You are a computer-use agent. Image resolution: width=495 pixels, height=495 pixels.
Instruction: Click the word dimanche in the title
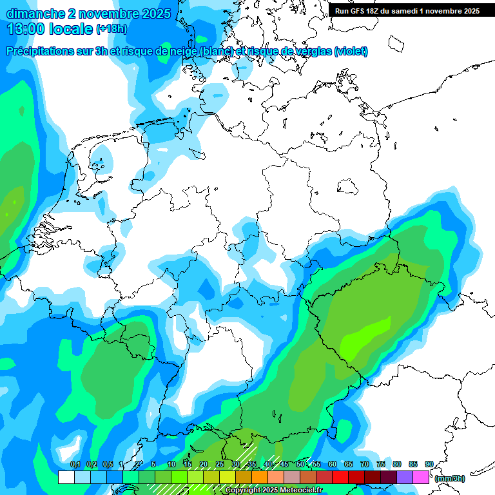point(35,13)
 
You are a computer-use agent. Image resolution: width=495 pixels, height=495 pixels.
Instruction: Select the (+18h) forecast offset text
point(112,30)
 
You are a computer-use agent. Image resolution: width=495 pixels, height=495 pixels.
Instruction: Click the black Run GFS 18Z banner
point(407,11)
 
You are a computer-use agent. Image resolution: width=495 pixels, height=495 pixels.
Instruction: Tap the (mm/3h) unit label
point(451,478)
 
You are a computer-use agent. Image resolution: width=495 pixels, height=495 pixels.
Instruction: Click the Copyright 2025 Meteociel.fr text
point(274,490)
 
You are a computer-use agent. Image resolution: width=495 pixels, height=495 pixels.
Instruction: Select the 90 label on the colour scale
point(429,464)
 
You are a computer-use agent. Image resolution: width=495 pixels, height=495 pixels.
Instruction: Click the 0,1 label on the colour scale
point(75,464)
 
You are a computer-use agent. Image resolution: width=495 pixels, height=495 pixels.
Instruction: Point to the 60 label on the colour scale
point(332,464)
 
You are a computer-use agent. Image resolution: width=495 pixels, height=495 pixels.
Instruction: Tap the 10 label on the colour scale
point(171,464)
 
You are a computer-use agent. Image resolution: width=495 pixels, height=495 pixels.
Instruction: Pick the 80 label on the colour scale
point(396,464)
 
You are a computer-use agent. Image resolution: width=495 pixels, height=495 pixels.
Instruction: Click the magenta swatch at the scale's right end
point(421,477)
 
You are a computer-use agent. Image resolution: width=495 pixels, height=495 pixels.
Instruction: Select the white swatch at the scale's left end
point(66,477)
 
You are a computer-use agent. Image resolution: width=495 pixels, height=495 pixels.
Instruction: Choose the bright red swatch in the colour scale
point(340,477)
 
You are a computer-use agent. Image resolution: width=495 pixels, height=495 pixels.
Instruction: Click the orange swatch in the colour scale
point(260,477)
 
